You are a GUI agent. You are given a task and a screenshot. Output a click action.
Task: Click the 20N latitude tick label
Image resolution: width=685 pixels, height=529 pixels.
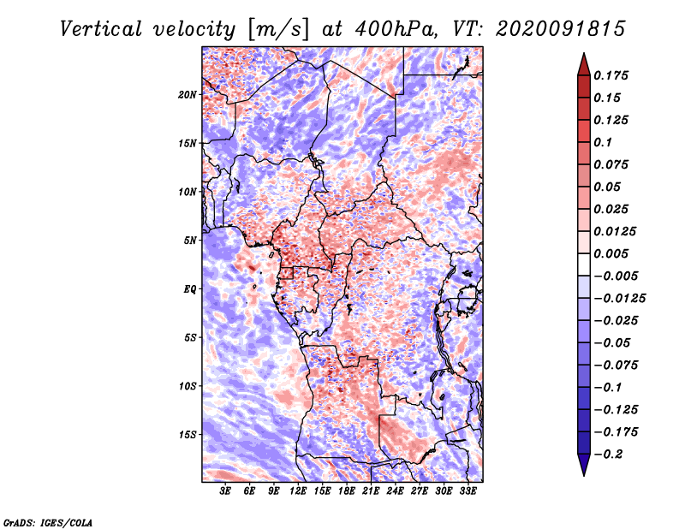click(188, 94)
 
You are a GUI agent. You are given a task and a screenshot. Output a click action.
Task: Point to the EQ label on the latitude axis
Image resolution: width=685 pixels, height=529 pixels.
click(190, 288)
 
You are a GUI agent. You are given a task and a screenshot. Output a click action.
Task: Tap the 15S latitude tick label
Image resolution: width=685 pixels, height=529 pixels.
click(188, 435)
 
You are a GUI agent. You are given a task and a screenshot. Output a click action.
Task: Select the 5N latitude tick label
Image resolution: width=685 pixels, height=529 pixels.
click(190, 241)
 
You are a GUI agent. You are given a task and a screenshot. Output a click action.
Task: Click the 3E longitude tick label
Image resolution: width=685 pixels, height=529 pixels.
click(225, 491)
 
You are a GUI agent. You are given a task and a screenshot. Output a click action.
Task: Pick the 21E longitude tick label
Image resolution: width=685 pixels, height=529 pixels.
click(371, 491)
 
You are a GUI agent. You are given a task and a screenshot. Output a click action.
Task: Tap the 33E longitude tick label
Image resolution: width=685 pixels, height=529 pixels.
click(468, 491)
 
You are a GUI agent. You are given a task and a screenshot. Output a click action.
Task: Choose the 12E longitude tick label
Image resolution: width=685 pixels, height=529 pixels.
click(298, 491)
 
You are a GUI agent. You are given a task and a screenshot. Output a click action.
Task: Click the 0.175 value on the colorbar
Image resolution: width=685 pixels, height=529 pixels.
click(611, 75)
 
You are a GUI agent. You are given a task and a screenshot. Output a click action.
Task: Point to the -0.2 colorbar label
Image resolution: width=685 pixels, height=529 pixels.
click(609, 455)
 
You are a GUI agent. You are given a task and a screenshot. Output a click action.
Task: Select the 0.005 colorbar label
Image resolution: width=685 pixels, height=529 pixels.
click(611, 253)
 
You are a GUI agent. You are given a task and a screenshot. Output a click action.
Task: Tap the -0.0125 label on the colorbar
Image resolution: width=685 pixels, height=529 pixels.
click(619, 299)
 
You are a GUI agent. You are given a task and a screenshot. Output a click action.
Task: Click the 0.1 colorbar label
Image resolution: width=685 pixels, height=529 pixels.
click(603, 142)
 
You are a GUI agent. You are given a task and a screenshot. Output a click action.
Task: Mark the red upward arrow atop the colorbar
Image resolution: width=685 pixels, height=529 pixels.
click(584, 64)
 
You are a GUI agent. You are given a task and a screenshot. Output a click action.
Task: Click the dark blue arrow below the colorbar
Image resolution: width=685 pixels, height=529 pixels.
click(584, 465)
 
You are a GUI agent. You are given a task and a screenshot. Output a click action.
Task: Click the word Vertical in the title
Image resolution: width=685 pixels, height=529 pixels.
click(101, 29)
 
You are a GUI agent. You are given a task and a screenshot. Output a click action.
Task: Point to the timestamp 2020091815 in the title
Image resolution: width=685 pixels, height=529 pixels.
click(561, 29)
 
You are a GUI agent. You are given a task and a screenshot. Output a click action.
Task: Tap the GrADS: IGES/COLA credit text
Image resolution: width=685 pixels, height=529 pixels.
click(48, 522)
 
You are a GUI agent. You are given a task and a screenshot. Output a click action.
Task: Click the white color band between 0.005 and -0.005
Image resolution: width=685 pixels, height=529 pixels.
click(584, 264)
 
